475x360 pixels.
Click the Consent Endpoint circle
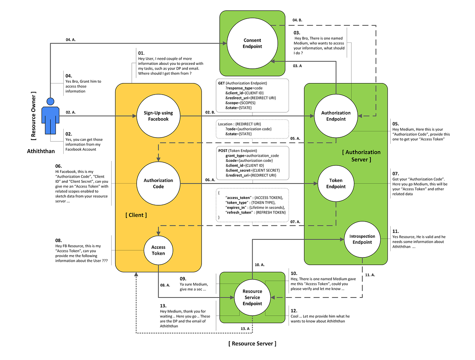coord(252,43)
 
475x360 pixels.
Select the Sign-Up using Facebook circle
coord(158,116)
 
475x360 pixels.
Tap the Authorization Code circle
coord(158,184)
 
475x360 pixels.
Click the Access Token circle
coord(158,250)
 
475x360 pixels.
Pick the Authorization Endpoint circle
coord(336,116)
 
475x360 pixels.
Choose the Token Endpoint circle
coord(336,184)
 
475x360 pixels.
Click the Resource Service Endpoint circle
coord(252,297)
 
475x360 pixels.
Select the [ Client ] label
coord(136,215)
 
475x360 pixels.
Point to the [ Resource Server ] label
coord(252,343)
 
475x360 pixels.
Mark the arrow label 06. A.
coord(210,180)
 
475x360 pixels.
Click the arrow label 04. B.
coord(298,20)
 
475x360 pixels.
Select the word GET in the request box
coord(221,83)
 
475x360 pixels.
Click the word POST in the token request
coord(223,151)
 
